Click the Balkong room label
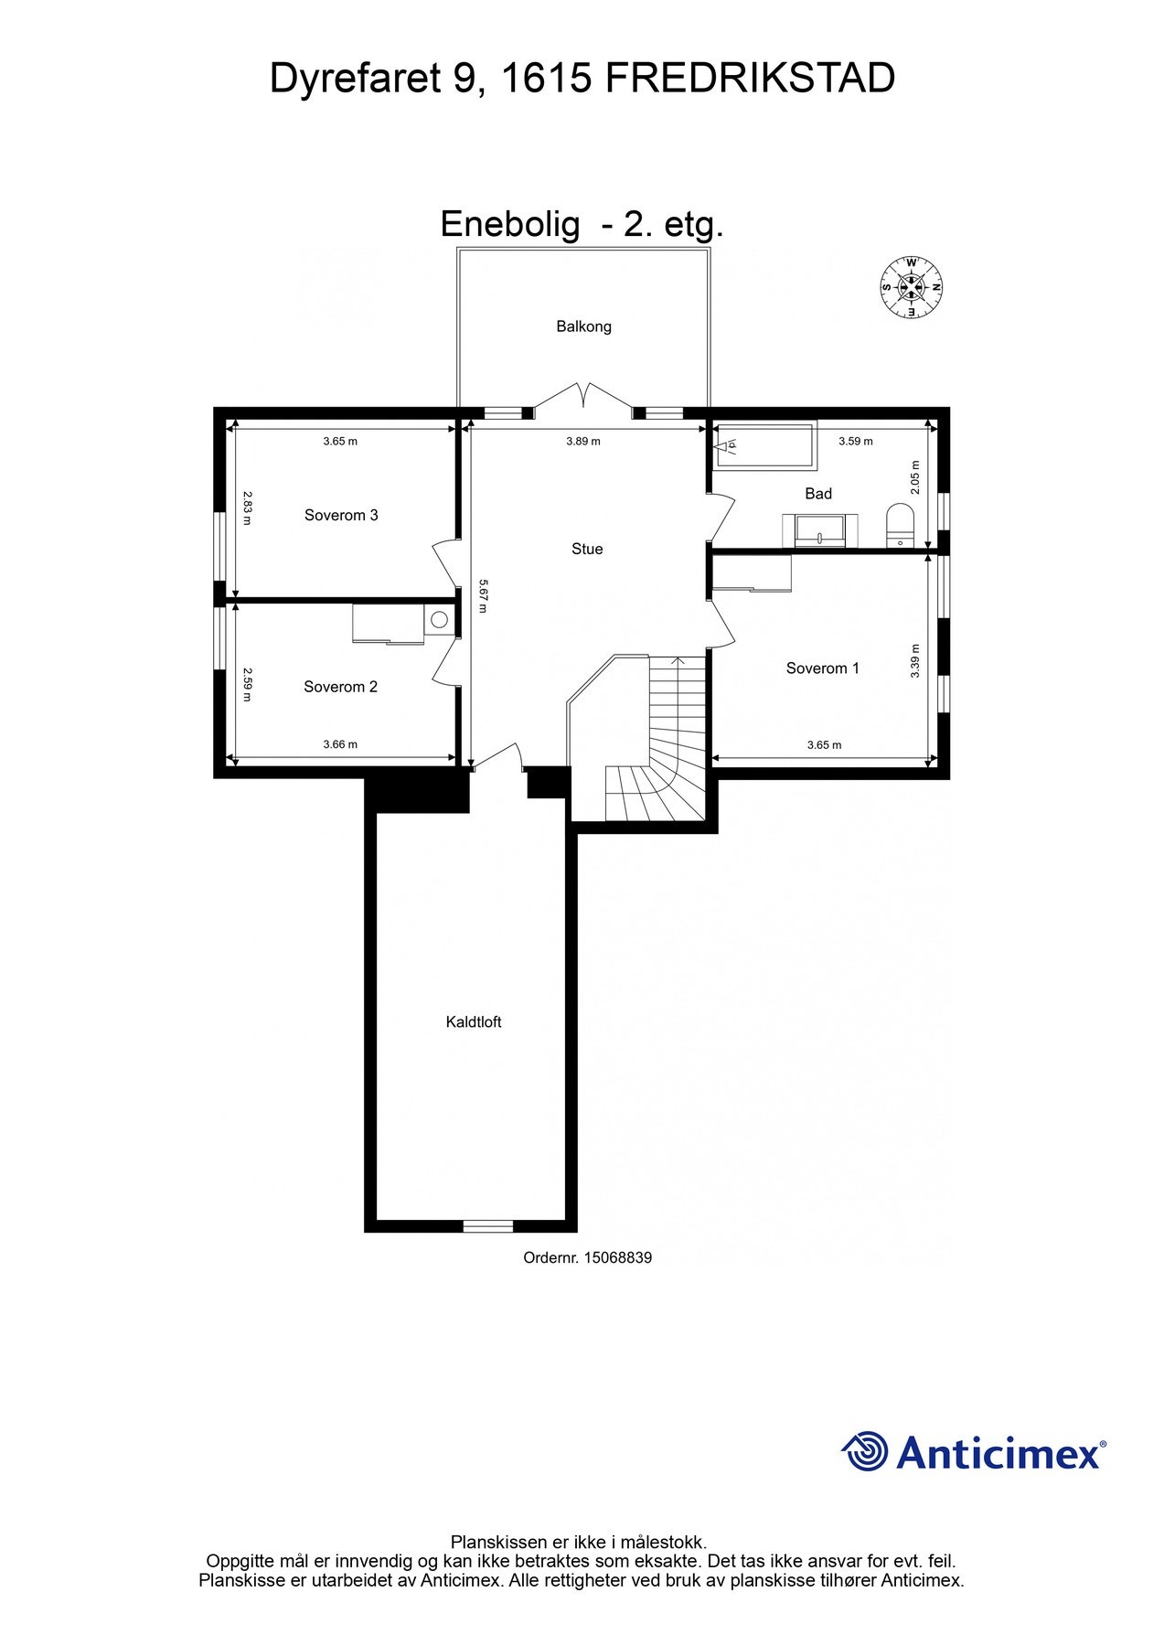[x=583, y=326]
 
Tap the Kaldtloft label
[x=474, y=1021]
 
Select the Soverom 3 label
[x=341, y=515]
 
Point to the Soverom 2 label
[x=340, y=687]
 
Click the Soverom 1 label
[x=822, y=668]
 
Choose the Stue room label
[x=587, y=549]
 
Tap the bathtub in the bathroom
[x=764, y=444]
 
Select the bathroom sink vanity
[x=820, y=529]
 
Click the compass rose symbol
[x=912, y=287]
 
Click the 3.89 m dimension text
[x=583, y=441]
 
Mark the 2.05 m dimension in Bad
[x=916, y=477]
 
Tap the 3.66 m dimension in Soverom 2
[x=340, y=744]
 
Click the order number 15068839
[x=587, y=1257]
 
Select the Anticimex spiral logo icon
[x=864, y=1451]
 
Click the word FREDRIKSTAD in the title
[x=750, y=80]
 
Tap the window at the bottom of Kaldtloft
[x=488, y=1225]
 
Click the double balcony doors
[x=583, y=395]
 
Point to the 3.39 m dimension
[x=915, y=660]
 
